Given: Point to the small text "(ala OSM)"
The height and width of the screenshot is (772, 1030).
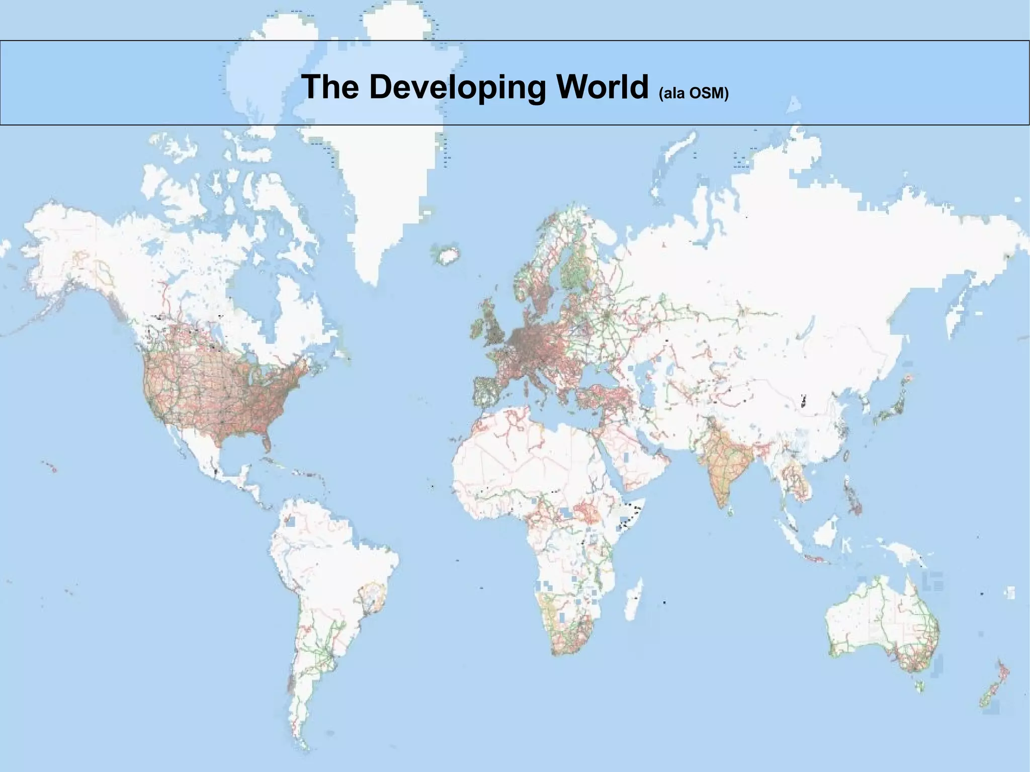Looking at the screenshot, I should click(x=693, y=93).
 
